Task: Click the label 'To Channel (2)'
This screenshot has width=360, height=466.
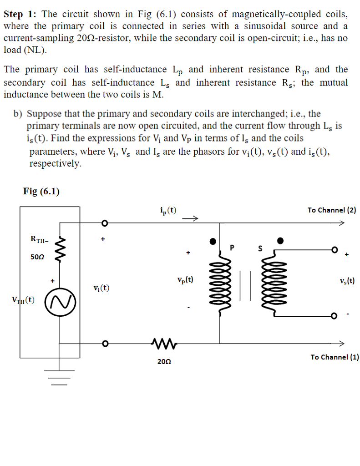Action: (331, 210)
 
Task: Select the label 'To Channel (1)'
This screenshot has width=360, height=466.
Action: (335, 357)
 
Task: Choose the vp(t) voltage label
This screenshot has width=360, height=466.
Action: (185, 280)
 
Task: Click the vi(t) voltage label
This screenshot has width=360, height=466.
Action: (101, 288)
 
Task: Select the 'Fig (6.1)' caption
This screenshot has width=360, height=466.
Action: (41, 191)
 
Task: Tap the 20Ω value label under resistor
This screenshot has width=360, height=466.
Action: (164, 362)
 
